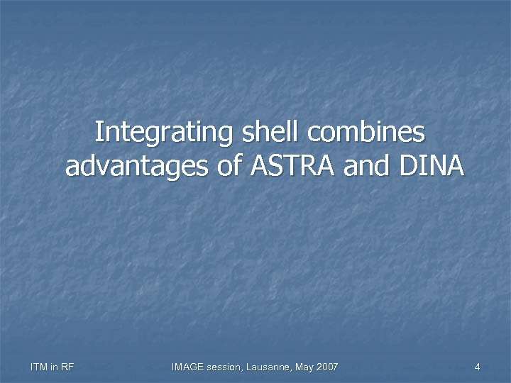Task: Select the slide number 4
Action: point(478,367)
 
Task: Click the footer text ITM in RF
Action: point(53,367)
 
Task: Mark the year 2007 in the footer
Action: point(327,367)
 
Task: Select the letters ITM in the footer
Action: point(39,367)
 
